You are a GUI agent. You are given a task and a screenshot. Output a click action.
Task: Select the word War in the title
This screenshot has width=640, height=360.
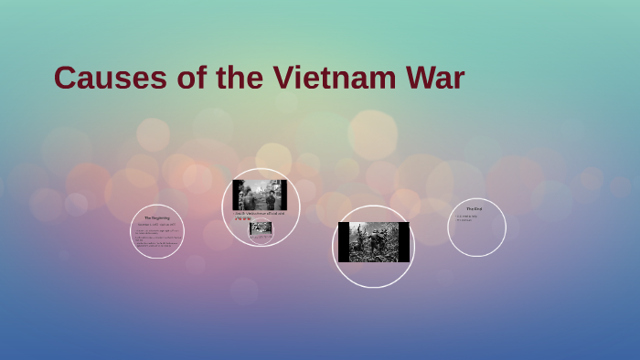[x=434, y=78]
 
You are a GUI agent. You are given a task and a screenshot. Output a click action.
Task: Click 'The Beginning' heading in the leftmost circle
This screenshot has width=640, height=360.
[x=157, y=217]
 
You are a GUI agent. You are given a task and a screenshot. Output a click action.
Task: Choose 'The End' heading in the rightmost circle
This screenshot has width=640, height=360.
[x=474, y=209]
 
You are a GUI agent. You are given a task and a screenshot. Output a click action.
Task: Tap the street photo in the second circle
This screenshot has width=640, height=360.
[x=260, y=195]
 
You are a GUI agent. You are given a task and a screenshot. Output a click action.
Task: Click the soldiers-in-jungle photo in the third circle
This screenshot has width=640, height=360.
[x=373, y=242]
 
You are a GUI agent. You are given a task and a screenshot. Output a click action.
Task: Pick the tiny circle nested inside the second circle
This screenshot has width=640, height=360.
[x=261, y=230]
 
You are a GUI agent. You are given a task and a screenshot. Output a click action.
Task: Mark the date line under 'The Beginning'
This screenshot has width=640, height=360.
[x=156, y=225]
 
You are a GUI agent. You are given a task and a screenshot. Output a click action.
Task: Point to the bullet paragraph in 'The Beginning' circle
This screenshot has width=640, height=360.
[x=156, y=238]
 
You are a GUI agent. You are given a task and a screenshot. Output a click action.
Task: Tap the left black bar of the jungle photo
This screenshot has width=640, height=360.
[x=343, y=242]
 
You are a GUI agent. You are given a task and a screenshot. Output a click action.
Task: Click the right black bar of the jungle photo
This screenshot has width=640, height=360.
[x=403, y=242]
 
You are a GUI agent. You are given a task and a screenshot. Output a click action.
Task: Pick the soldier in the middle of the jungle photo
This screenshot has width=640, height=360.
[x=373, y=239]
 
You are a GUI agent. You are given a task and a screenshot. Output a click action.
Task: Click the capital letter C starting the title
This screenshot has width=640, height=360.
[x=64, y=78]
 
